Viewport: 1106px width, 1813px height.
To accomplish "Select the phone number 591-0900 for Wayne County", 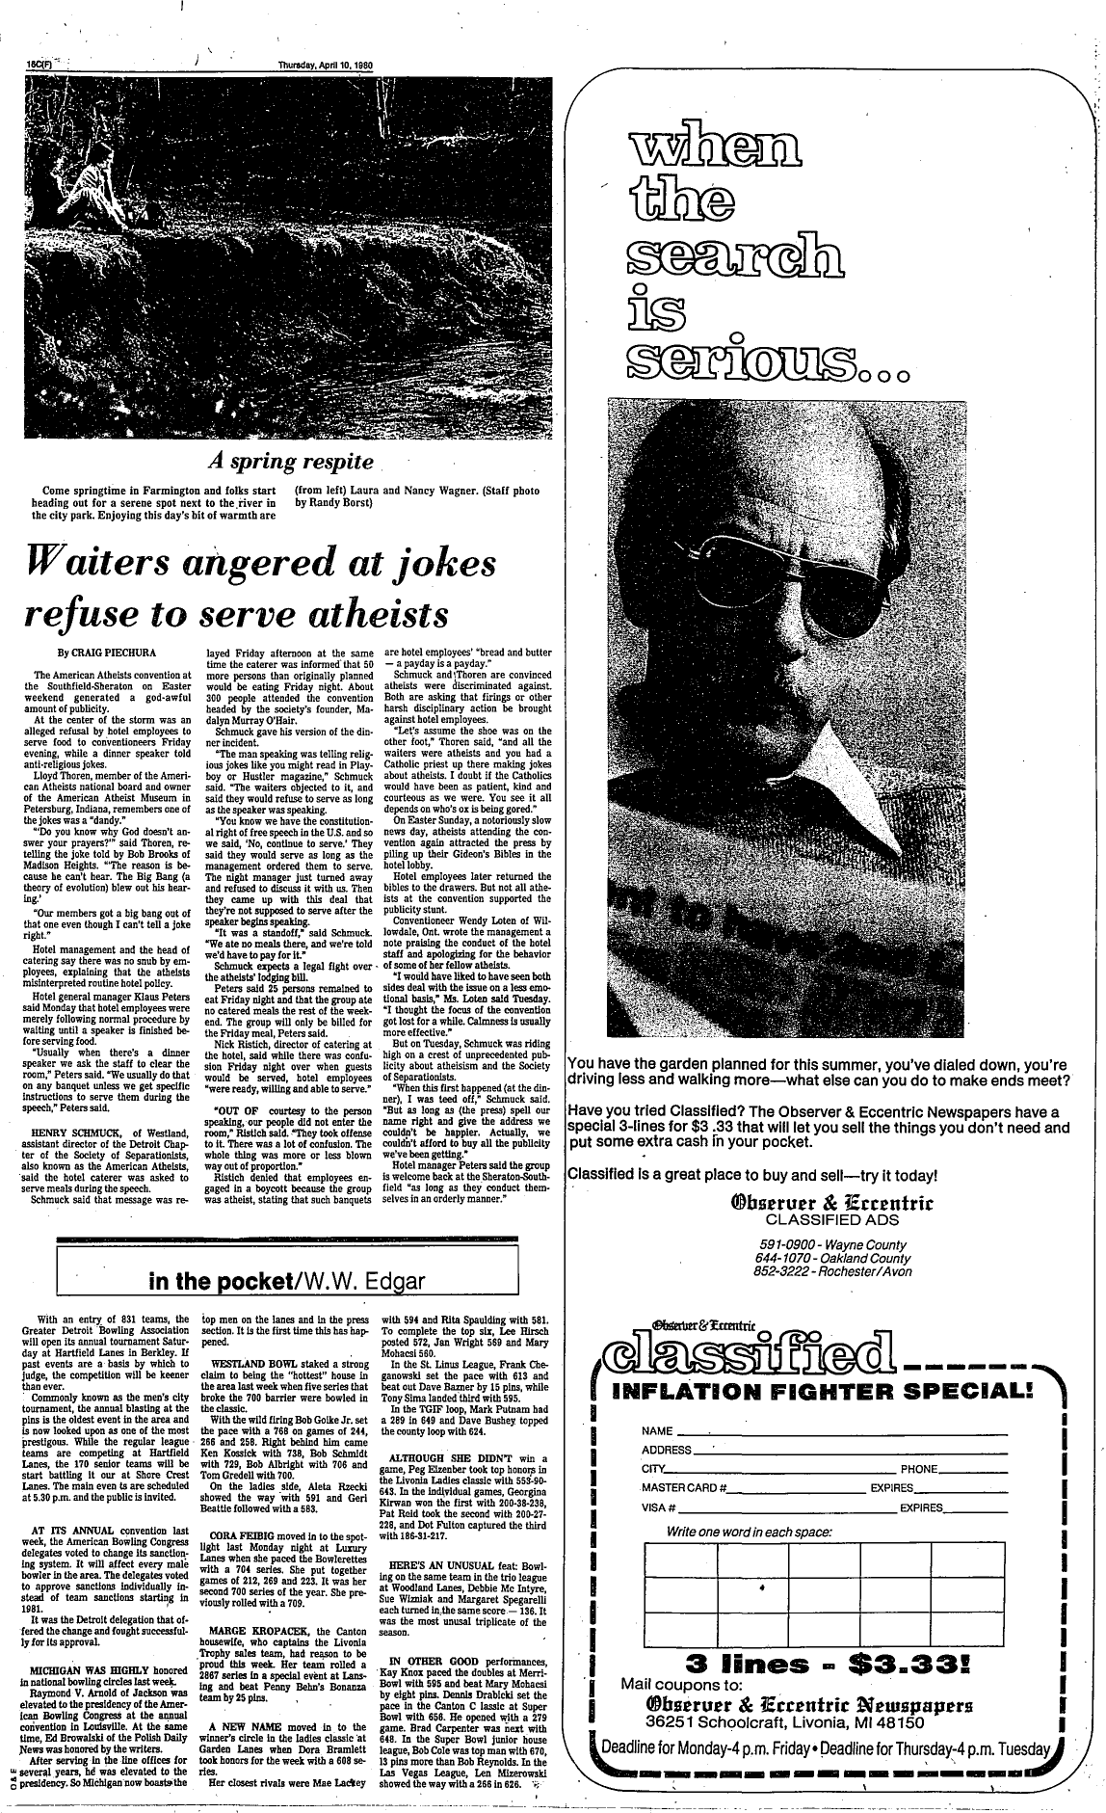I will click(787, 1243).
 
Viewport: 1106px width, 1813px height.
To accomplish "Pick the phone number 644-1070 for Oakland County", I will click(787, 1258).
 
